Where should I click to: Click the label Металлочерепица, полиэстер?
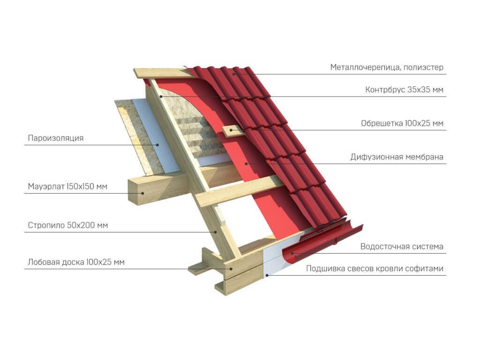pos(387,67)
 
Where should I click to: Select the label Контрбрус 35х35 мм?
pos(404,90)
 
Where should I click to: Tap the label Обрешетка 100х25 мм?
pos(402,123)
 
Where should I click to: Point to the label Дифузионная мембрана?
pos(397,157)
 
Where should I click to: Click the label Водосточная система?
pos(402,247)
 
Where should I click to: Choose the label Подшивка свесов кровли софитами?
pos(375,269)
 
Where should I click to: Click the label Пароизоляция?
pos(56,138)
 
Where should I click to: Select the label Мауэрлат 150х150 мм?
pos(67,187)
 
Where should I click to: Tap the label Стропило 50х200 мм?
pos(68,225)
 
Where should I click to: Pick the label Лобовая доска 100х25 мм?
pos(76,262)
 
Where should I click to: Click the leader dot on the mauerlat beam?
pos(142,193)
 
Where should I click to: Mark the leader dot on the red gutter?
pos(292,253)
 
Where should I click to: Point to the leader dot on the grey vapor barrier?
pos(158,145)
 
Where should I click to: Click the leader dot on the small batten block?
pos(232,130)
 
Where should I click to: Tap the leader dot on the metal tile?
pos(233,74)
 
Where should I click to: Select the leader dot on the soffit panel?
pos(267,275)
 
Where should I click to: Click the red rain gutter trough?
pos(322,243)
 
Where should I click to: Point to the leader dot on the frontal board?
pos(231,269)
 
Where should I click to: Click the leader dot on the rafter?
pos(216,232)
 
